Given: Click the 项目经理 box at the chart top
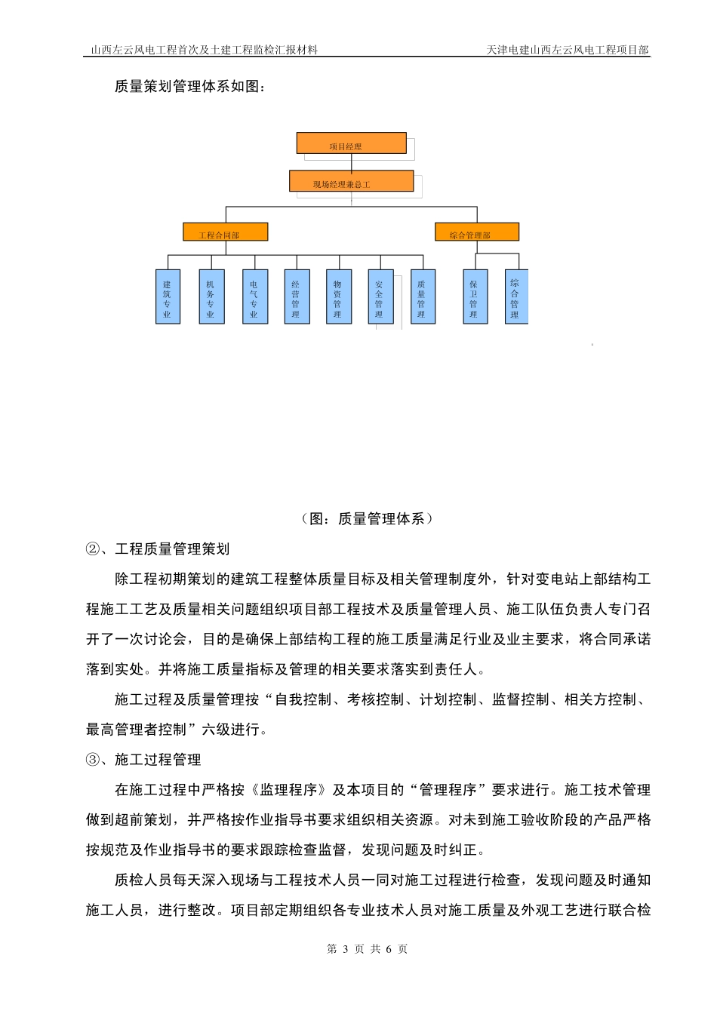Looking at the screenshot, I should [x=351, y=143].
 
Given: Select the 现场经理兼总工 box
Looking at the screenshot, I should [x=351, y=181].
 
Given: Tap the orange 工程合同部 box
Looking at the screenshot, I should [x=225, y=232].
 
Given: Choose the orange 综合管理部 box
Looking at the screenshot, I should [x=476, y=232].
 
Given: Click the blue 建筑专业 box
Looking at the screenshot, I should [x=168, y=297].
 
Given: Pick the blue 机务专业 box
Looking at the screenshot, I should [x=211, y=297].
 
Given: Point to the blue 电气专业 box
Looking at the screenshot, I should [x=254, y=297].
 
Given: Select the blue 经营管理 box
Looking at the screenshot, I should [x=297, y=297].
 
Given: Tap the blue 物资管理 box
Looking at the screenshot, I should [x=338, y=297].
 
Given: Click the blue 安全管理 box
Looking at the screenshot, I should [x=380, y=297].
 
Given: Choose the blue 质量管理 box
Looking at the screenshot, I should [x=422, y=297].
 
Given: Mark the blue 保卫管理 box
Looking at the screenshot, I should [x=475, y=297].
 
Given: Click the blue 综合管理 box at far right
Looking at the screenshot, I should [x=515, y=297].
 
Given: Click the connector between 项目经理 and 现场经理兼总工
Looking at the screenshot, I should [x=352, y=162].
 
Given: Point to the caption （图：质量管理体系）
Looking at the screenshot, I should [x=368, y=519].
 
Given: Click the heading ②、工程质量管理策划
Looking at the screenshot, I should [x=158, y=549].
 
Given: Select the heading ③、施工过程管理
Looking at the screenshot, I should [x=143, y=760].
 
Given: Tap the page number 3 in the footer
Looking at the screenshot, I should [x=345, y=949].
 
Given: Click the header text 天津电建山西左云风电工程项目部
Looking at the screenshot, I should [x=568, y=50].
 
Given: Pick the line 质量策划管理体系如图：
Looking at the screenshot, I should [x=189, y=87].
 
